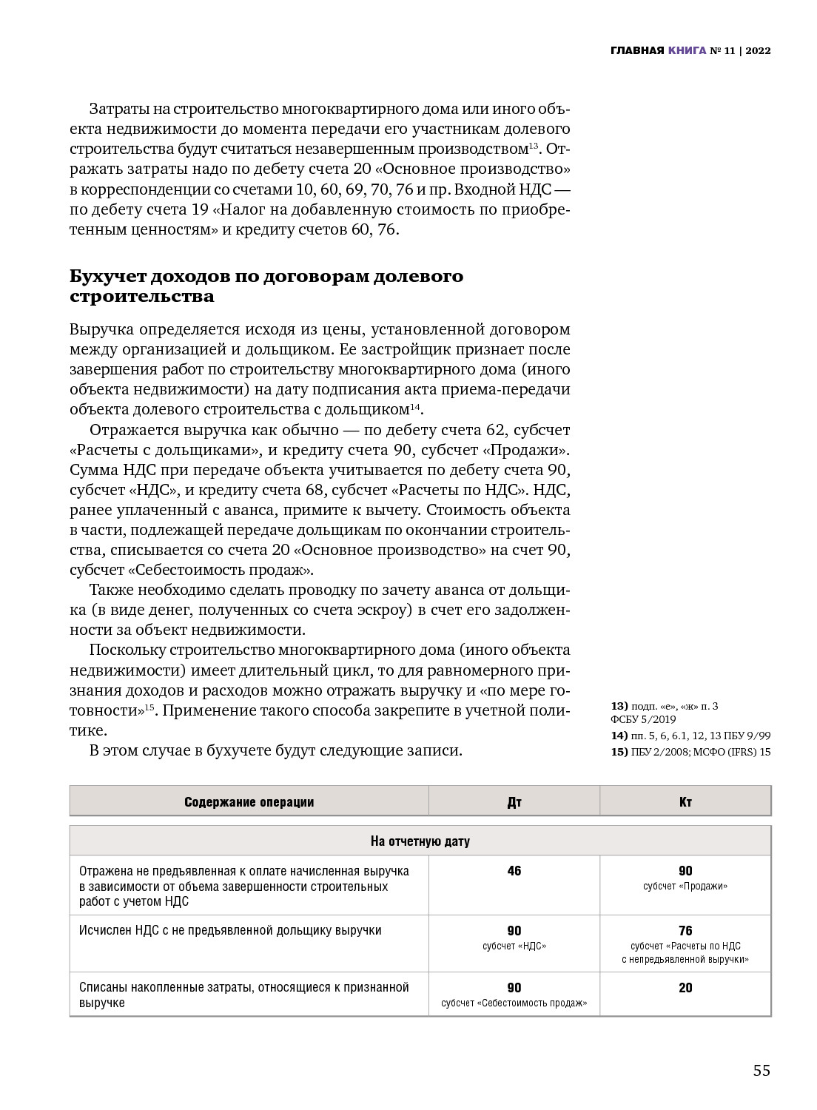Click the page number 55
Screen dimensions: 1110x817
tap(761, 1071)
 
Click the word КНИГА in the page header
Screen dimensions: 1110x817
tap(687, 51)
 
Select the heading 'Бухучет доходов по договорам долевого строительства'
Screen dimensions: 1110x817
tap(266, 286)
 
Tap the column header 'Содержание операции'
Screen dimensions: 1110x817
tap(249, 802)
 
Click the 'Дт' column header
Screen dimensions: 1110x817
tap(514, 802)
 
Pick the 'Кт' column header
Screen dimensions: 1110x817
tap(685, 802)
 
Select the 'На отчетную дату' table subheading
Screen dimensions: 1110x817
tap(420, 841)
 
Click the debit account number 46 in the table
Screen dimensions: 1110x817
tap(514, 871)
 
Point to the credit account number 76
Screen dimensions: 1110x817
tap(685, 931)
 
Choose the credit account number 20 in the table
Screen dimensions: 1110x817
tap(685, 988)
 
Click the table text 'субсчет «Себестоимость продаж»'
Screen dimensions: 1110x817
tap(514, 1003)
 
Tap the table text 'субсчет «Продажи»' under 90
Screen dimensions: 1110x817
tap(685, 887)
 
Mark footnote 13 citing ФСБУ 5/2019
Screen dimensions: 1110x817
tap(664, 713)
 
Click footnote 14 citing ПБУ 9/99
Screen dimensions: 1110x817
tap(690, 736)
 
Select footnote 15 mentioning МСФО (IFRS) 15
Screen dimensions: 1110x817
tap(690, 752)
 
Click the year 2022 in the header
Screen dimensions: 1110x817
tap(758, 51)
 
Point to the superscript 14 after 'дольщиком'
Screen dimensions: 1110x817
tap(415, 406)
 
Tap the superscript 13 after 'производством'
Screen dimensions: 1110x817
tap(534, 146)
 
